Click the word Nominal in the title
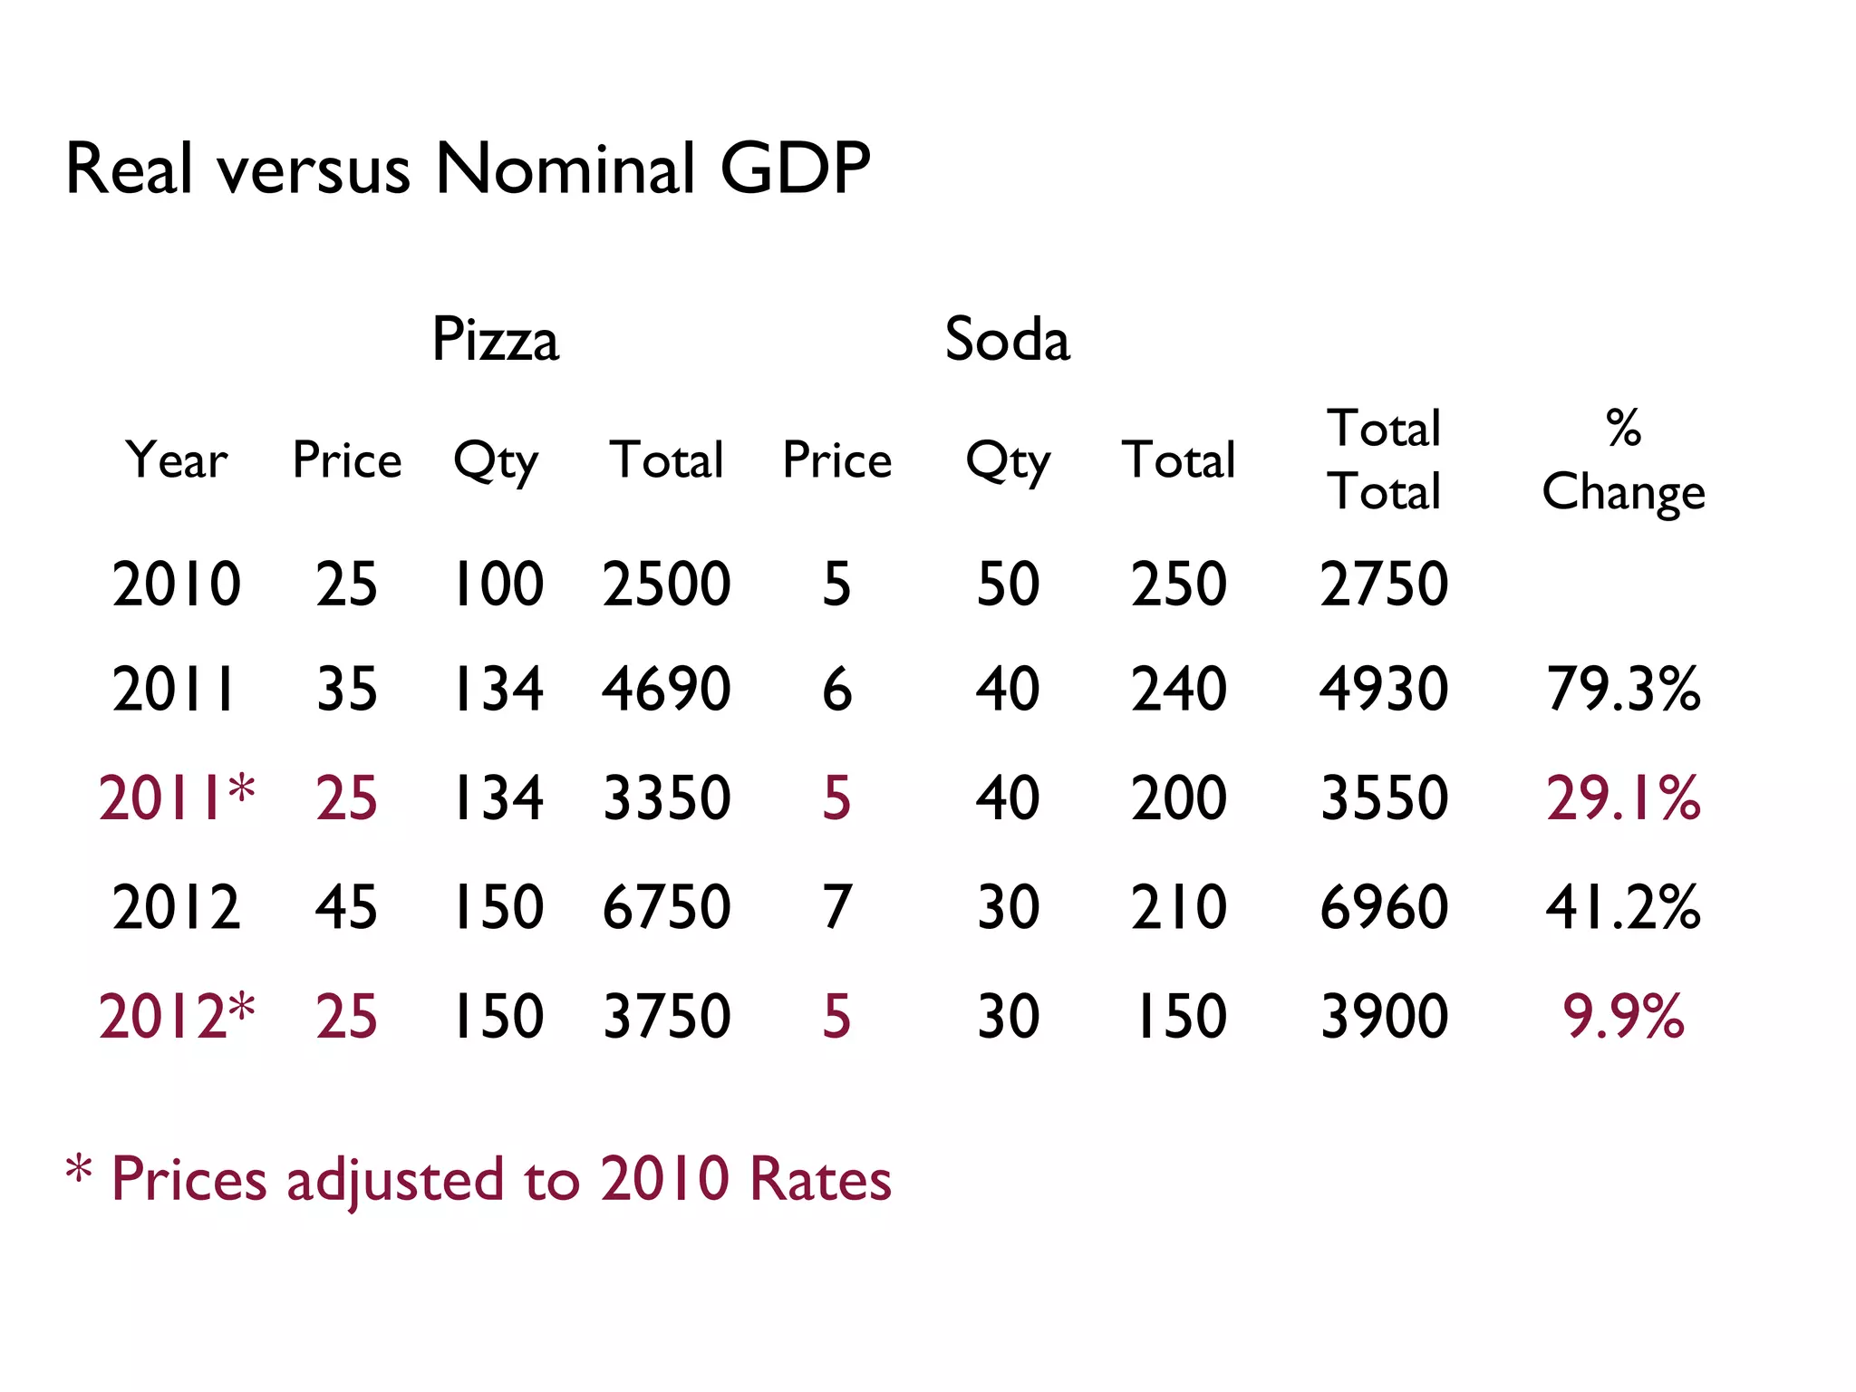tap(564, 169)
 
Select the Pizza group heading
tap(496, 340)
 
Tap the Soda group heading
tap(1007, 340)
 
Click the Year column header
tap(177, 460)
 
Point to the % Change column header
tap(1623, 460)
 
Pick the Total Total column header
tap(1384, 460)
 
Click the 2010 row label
tap(177, 584)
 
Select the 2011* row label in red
tap(177, 798)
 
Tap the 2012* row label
tap(177, 1016)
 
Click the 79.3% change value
tap(1623, 689)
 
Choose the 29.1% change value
tap(1623, 798)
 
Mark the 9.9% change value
tap(1623, 1016)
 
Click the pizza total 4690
tap(666, 689)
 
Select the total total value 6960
tap(1384, 907)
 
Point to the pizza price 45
tap(346, 907)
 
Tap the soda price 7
tap(836, 907)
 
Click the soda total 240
tap(1178, 689)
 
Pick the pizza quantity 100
tap(498, 584)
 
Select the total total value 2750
tap(1384, 584)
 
